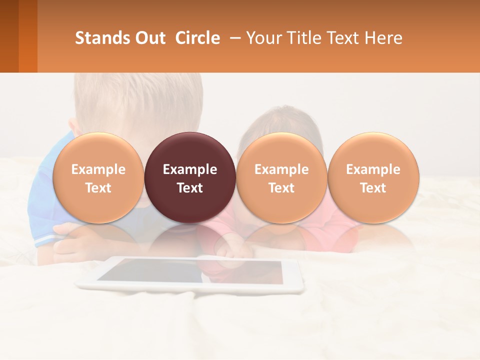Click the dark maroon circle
190,177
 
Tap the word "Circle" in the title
197,38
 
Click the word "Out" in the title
150,38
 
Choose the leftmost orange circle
98,177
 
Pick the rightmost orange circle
373,177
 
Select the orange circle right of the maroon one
281,177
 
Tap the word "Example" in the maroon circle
190,169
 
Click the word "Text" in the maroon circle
190,188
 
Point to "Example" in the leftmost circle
98,169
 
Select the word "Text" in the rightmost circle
373,188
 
